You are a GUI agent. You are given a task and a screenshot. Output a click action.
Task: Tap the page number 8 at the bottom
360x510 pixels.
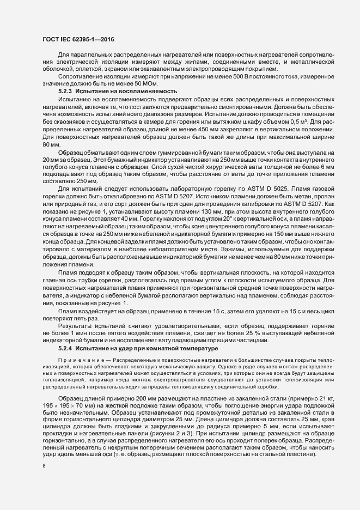click(x=44, y=466)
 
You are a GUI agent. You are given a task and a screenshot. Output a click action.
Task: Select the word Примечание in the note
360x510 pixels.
click(x=78, y=361)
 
